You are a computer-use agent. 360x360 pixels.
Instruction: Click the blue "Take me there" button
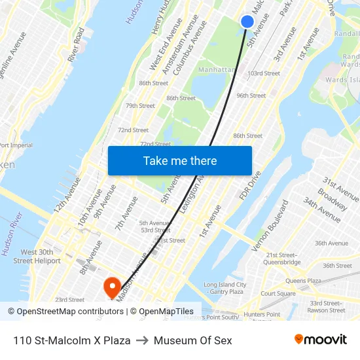point(180,160)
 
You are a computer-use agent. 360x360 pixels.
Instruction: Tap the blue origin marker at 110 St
point(247,22)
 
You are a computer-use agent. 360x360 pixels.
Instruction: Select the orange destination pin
point(111,286)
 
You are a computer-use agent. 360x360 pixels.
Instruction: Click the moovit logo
point(321,340)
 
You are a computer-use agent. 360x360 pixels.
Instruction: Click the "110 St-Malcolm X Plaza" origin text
point(71,340)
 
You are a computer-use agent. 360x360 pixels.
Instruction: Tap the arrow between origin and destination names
point(142,340)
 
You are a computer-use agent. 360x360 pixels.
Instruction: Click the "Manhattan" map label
point(216,69)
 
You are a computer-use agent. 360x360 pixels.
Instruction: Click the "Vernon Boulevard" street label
point(270,226)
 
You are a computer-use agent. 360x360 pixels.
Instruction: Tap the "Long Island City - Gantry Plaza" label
point(225,288)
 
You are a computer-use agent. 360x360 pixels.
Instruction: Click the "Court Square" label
point(279,294)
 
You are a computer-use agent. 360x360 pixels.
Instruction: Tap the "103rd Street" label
point(264,73)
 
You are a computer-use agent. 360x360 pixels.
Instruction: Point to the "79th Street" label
point(140,105)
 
